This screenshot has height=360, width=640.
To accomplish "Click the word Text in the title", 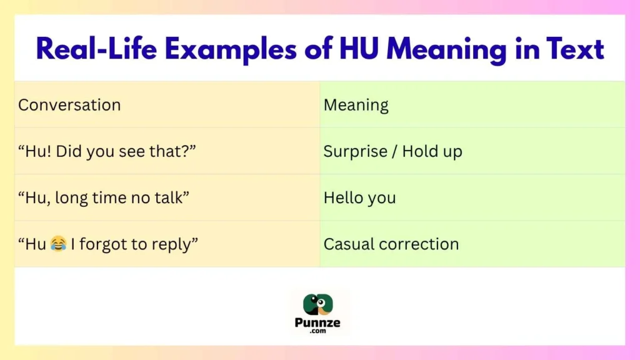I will (x=572, y=49).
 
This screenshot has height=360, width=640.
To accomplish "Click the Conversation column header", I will (x=69, y=105).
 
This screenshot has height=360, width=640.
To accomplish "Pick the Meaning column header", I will (x=356, y=105).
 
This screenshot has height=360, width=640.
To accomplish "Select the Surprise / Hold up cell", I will (x=392, y=151).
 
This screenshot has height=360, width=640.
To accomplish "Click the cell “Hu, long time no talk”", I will (x=104, y=197).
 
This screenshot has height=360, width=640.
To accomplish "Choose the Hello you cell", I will (x=359, y=197).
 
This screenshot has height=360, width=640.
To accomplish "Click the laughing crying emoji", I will (x=58, y=244).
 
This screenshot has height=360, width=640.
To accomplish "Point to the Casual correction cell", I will (x=391, y=244).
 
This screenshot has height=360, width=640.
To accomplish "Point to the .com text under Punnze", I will (x=320, y=332).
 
